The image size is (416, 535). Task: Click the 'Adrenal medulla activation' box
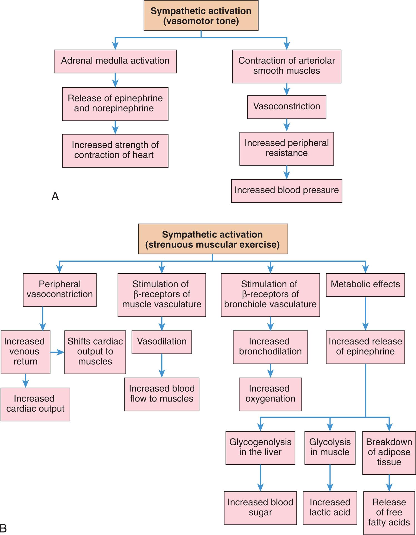[x=115, y=61]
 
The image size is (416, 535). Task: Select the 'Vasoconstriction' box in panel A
[x=286, y=107]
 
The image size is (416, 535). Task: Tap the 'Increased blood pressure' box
[x=286, y=191]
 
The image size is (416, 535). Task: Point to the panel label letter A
[x=55, y=196]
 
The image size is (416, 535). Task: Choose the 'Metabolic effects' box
[x=365, y=285]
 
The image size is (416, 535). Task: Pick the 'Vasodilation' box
[x=162, y=342]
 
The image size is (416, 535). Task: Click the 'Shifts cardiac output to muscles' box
[x=95, y=352]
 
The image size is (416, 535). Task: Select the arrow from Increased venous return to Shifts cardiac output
[x=57, y=352]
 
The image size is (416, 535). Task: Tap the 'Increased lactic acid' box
[x=330, y=508]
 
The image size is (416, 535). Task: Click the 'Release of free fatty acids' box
[x=389, y=512]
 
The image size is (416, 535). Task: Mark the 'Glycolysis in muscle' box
[x=330, y=447]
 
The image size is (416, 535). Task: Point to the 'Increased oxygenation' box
[x=270, y=394]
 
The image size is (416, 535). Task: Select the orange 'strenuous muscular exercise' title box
[x=213, y=239]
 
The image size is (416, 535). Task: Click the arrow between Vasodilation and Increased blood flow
[x=162, y=365]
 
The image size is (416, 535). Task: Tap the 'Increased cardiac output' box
[x=35, y=404]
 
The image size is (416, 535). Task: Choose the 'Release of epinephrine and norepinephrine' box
[x=115, y=104]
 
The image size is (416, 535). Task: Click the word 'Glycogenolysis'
[x=260, y=442]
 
